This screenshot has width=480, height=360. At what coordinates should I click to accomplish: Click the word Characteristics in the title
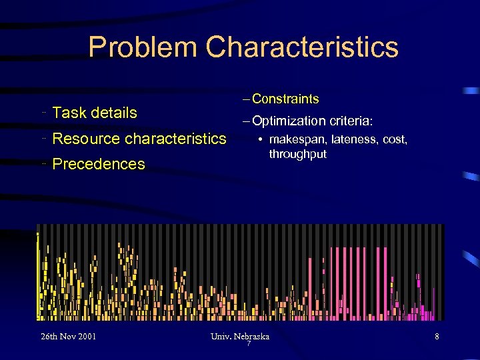[x=302, y=48]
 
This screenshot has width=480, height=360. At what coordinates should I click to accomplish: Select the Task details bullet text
[x=94, y=113]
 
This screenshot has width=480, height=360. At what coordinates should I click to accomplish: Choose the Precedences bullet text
[x=98, y=164]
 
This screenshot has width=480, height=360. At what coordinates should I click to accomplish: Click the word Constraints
[x=285, y=99]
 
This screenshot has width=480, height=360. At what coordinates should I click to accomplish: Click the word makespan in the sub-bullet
[x=298, y=140]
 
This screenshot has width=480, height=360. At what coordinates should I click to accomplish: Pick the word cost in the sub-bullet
[x=396, y=140]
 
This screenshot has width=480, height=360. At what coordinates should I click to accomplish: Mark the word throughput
[x=297, y=154]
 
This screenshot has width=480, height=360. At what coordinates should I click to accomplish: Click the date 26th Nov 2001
[x=67, y=336]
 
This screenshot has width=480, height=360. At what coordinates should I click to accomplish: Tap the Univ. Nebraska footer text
[x=239, y=336]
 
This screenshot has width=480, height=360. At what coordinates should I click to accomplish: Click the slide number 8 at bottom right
[x=437, y=337]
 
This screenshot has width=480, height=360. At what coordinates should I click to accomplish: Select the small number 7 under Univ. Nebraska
[x=248, y=343]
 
